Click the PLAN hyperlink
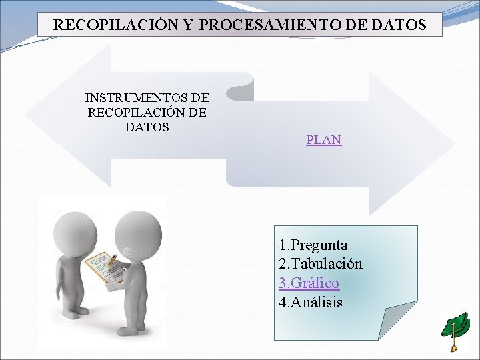(323, 140)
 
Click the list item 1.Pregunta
(313, 245)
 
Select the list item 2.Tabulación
(321, 263)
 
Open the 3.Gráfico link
(309, 283)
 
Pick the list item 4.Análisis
(311, 302)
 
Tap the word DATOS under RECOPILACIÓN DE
(147, 127)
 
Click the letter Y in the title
(188, 25)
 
